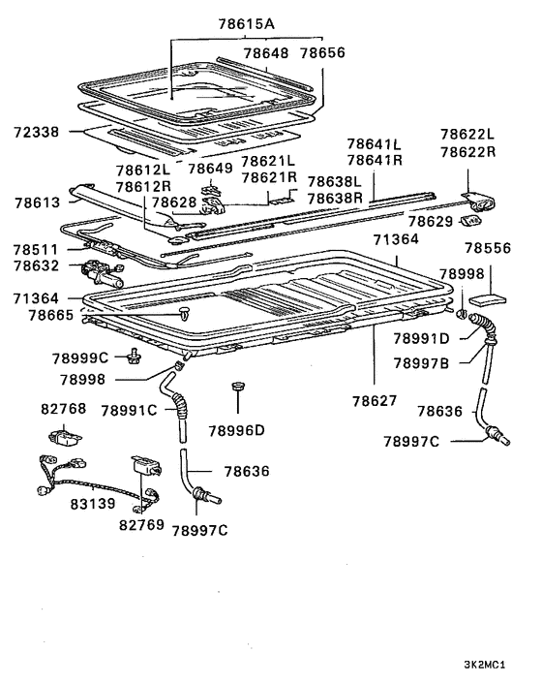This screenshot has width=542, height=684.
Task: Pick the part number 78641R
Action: (376, 160)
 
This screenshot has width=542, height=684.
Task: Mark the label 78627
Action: (376, 399)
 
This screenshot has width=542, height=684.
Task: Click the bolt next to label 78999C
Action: (133, 359)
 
